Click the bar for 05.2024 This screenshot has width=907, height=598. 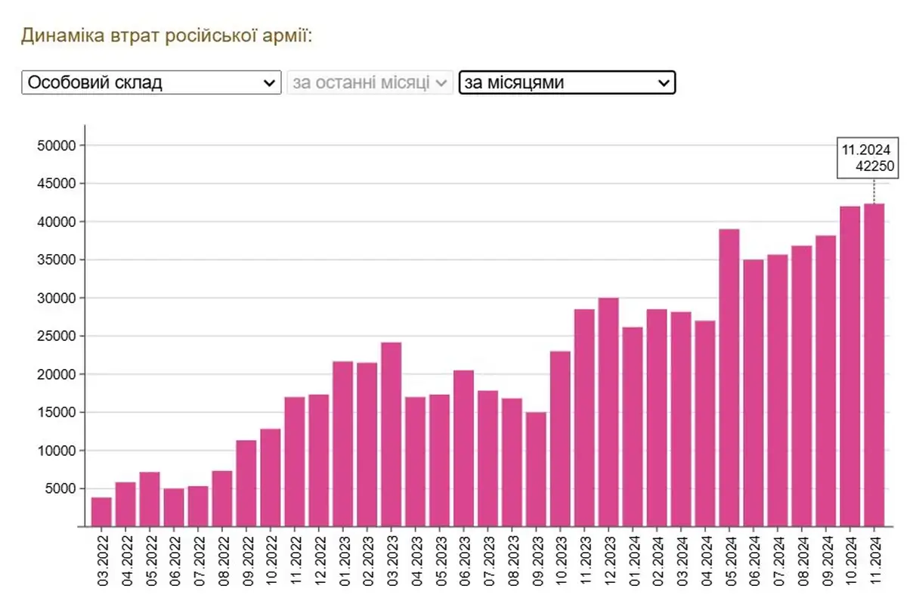[729, 378]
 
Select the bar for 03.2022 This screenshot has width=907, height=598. [101, 511]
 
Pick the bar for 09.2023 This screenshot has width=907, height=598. [536, 469]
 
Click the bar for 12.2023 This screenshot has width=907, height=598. [608, 412]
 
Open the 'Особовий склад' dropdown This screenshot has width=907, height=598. [151, 82]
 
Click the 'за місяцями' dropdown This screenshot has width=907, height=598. [566, 82]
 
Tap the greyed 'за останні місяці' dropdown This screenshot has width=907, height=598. [370, 82]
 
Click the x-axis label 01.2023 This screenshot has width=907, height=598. [344, 559]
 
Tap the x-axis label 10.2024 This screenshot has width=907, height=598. [850, 559]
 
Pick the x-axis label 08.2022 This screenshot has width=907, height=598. [223, 559]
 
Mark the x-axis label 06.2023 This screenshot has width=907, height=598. [464, 559]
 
